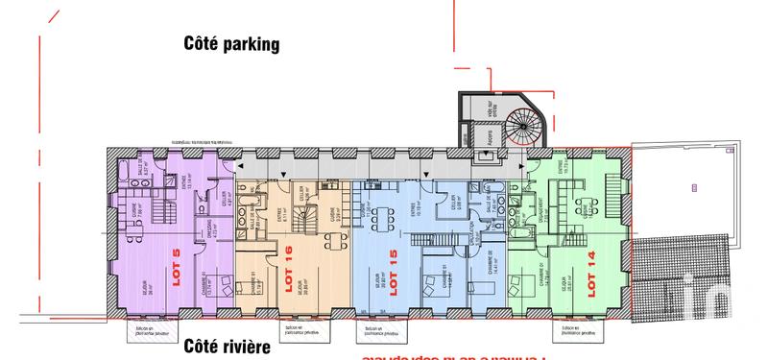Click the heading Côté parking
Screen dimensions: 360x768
231,43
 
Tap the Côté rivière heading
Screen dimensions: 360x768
226,346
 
